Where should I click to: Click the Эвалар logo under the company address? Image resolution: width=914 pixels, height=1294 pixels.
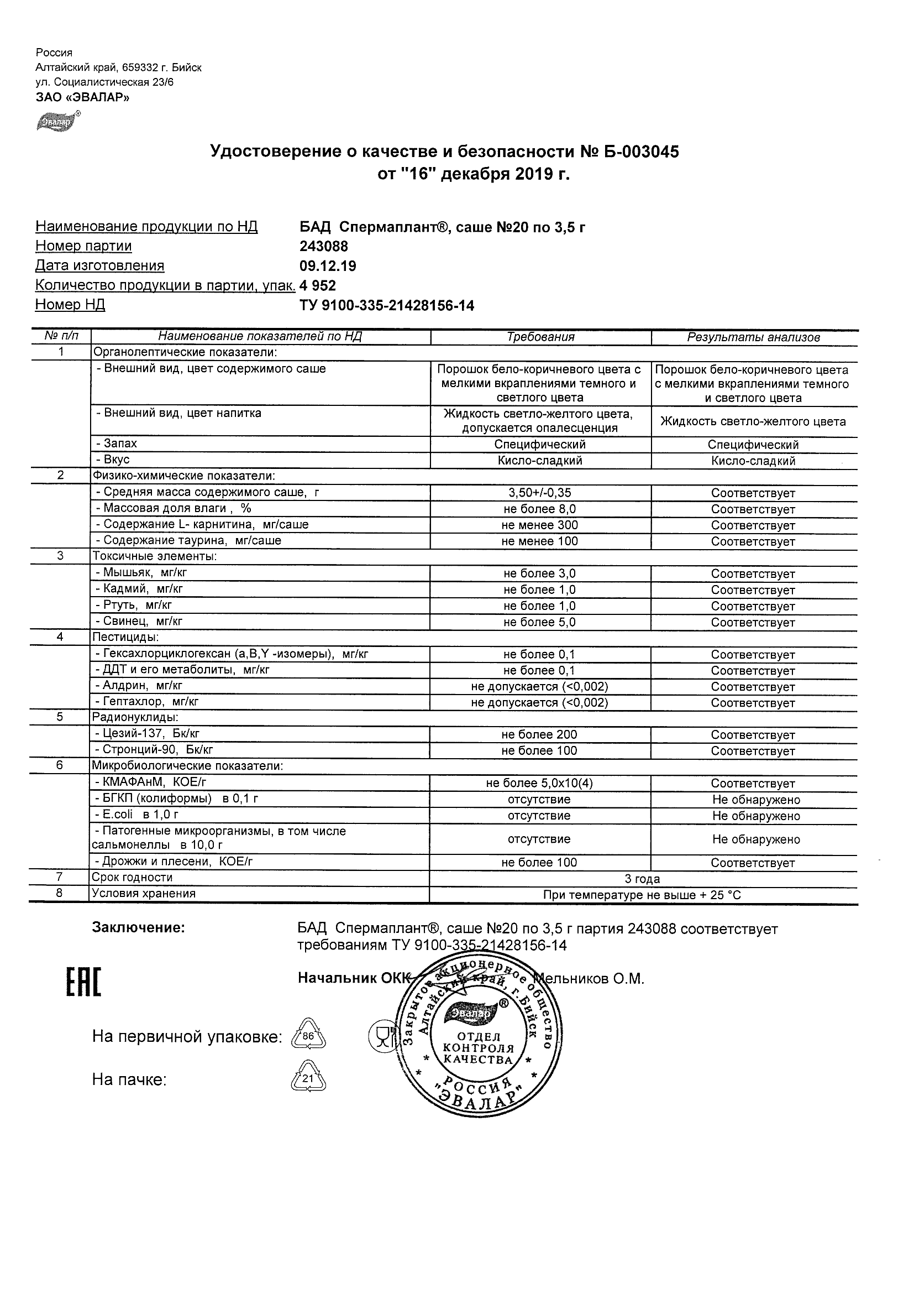57,121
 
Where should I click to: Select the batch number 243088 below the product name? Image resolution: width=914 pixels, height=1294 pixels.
324,246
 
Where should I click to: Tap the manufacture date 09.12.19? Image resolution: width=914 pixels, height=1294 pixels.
328,266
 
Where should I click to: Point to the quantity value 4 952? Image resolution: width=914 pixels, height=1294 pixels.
318,286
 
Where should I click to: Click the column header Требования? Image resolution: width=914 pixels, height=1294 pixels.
540,337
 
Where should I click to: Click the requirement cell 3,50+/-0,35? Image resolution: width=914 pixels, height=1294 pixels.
539,493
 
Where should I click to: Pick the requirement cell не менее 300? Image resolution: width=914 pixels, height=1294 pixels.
539,525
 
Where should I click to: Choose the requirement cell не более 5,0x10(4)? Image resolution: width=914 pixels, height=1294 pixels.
539,784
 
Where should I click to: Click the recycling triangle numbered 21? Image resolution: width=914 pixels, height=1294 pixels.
308,1078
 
